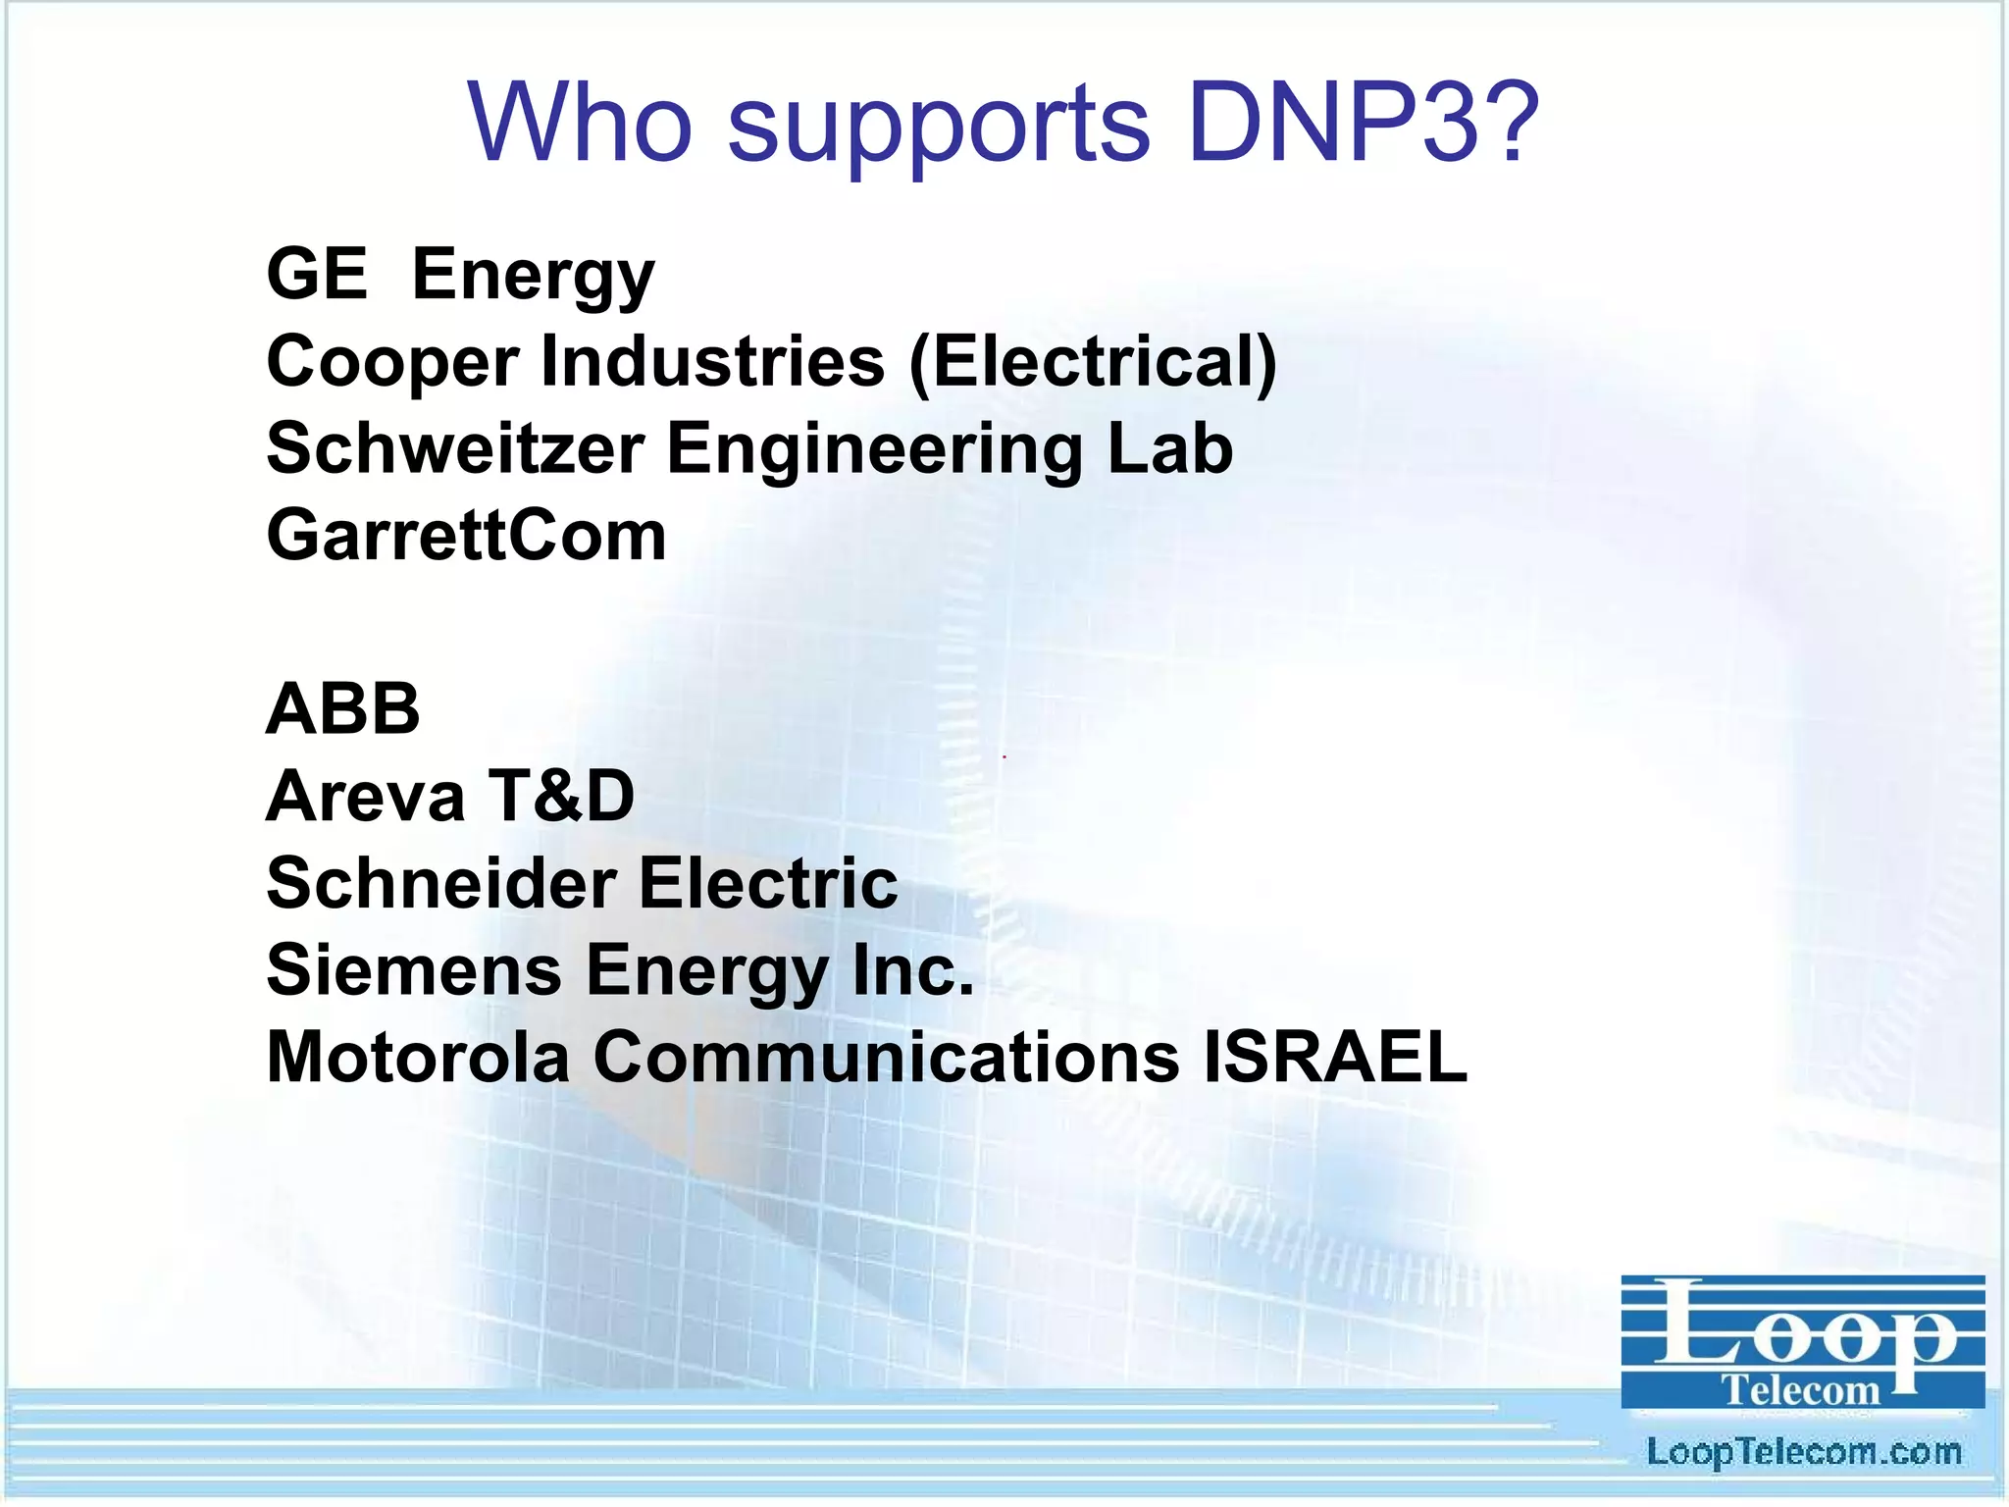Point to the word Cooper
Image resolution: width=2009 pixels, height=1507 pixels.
(392, 362)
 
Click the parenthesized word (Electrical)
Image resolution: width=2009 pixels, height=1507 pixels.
(1093, 362)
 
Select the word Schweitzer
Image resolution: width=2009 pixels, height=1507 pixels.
(455, 448)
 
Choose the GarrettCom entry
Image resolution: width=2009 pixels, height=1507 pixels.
(466, 536)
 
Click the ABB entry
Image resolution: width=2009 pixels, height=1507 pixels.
(343, 708)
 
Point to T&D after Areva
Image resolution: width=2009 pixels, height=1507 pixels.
(562, 796)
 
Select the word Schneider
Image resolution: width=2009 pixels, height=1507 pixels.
(441, 882)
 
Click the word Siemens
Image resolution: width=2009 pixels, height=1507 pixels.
(414, 969)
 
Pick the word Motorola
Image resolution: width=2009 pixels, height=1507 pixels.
(418, 1057)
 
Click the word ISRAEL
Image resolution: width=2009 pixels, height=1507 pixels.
(1335, 1057)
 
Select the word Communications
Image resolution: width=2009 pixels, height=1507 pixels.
(886, 1057)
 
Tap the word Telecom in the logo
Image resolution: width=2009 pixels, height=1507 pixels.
(1801, 1389)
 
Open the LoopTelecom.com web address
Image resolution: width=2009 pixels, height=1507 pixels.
(1803, 1451)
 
